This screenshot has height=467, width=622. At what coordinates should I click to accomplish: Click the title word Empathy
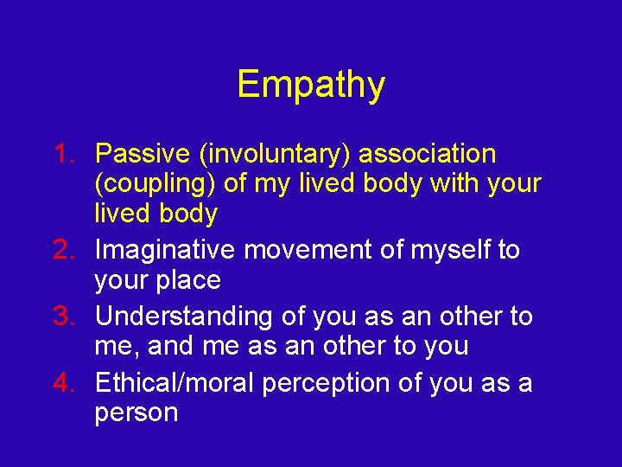[x=311, y=85]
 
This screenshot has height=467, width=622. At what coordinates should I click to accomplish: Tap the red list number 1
[x=64, y=154]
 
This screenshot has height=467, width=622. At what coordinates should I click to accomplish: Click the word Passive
[x=143, y=154]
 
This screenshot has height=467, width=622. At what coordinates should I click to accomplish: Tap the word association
[x=428, y=154]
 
